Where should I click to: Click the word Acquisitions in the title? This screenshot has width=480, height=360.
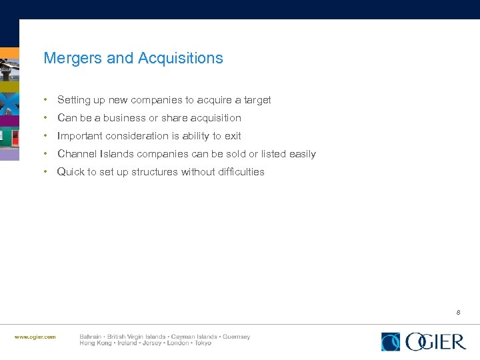point(180,59)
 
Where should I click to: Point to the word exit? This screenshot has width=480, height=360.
point(233,136)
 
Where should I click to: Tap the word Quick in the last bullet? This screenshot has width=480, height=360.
point(71,172)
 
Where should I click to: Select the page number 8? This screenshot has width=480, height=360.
point(459,312)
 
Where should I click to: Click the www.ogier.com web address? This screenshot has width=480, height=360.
point(35,337)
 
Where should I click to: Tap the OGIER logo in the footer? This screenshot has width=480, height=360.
point(423,341)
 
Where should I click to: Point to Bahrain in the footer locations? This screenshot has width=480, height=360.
point(91,337)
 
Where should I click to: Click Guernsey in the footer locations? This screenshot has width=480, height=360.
point(236,337)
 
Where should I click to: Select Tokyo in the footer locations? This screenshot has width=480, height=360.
point(202,343)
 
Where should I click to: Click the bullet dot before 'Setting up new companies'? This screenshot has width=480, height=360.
point(45,100)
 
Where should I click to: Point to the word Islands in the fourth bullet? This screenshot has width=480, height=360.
point(118,154)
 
